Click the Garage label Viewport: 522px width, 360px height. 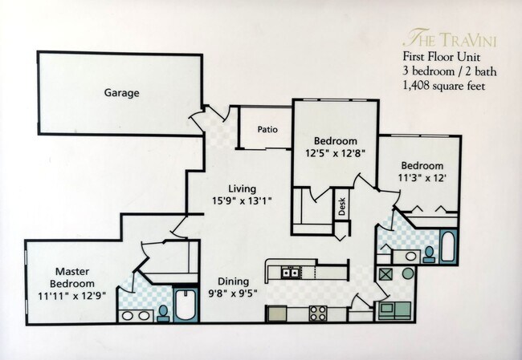pyautogui.click(x=121, y=93)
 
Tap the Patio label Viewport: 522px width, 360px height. pyautogui.click(x=267, y=129)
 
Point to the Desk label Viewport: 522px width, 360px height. pyautogui.click(x=341, y=208)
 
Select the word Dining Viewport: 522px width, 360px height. pyautogui.click(x=233, y=281)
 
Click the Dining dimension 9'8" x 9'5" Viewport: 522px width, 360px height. pyautogui.click(x=232, y=293)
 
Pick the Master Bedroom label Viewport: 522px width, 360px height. pyautogui.click(x=73, y=277)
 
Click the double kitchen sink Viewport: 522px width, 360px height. pyautogui.click(x=291, y=273)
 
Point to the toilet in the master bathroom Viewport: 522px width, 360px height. pyautogui.click(x=163, y=311)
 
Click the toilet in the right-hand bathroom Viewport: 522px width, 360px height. pyautogui.click(x=430, y=253)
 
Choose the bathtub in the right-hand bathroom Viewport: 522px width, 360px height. pyautogui.click(x=448, y=247)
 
